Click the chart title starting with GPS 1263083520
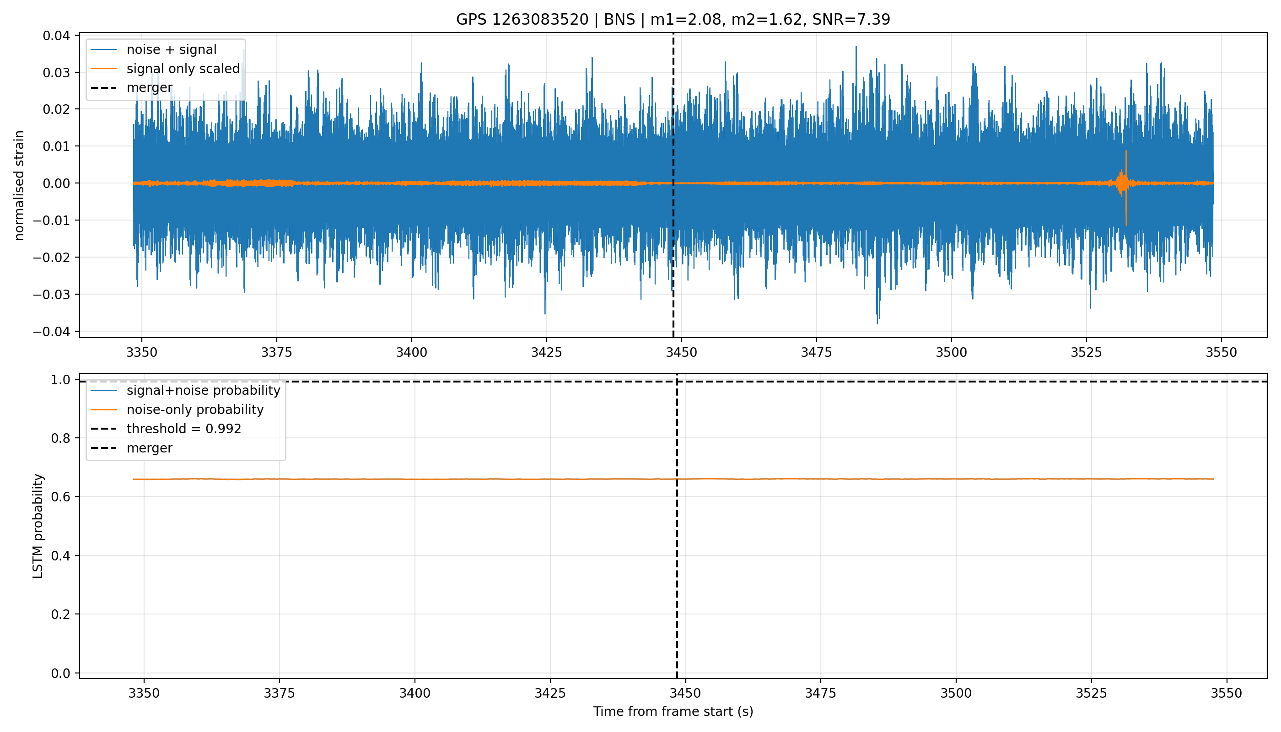point(673,20)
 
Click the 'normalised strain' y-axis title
point(19,185)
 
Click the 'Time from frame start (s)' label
point(673,711)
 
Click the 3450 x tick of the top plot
point(681,352)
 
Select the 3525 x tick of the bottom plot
point(1092,693)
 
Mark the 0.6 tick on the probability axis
point(60,497)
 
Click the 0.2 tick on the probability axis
point(60,614)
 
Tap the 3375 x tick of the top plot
point(276,352)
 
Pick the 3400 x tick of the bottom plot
point(415,693)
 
